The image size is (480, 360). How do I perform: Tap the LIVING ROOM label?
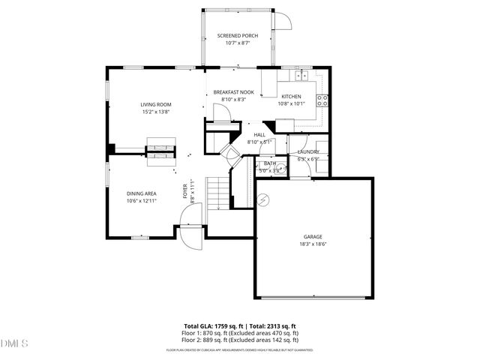click(x=156, y=104)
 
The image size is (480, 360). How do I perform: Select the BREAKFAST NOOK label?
click(x=233, y=92)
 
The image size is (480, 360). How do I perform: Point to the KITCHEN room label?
click(x=291, y=96)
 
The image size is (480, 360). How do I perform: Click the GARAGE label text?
click(x=313, y=236)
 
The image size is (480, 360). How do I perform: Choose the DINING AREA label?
click(x=141, y=193)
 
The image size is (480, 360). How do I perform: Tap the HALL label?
click(x=259, y=135)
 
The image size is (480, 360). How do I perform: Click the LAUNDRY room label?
click(x=308, y=151)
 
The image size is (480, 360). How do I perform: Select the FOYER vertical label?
click(x=185, y=191)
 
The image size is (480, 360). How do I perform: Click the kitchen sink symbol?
click(x=303, y=75)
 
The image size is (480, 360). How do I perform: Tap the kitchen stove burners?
click(x=323, y=100)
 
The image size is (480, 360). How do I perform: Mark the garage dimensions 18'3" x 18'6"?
click(x=313, y=244)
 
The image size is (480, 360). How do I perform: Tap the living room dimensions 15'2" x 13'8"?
click(x=156, y=112)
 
